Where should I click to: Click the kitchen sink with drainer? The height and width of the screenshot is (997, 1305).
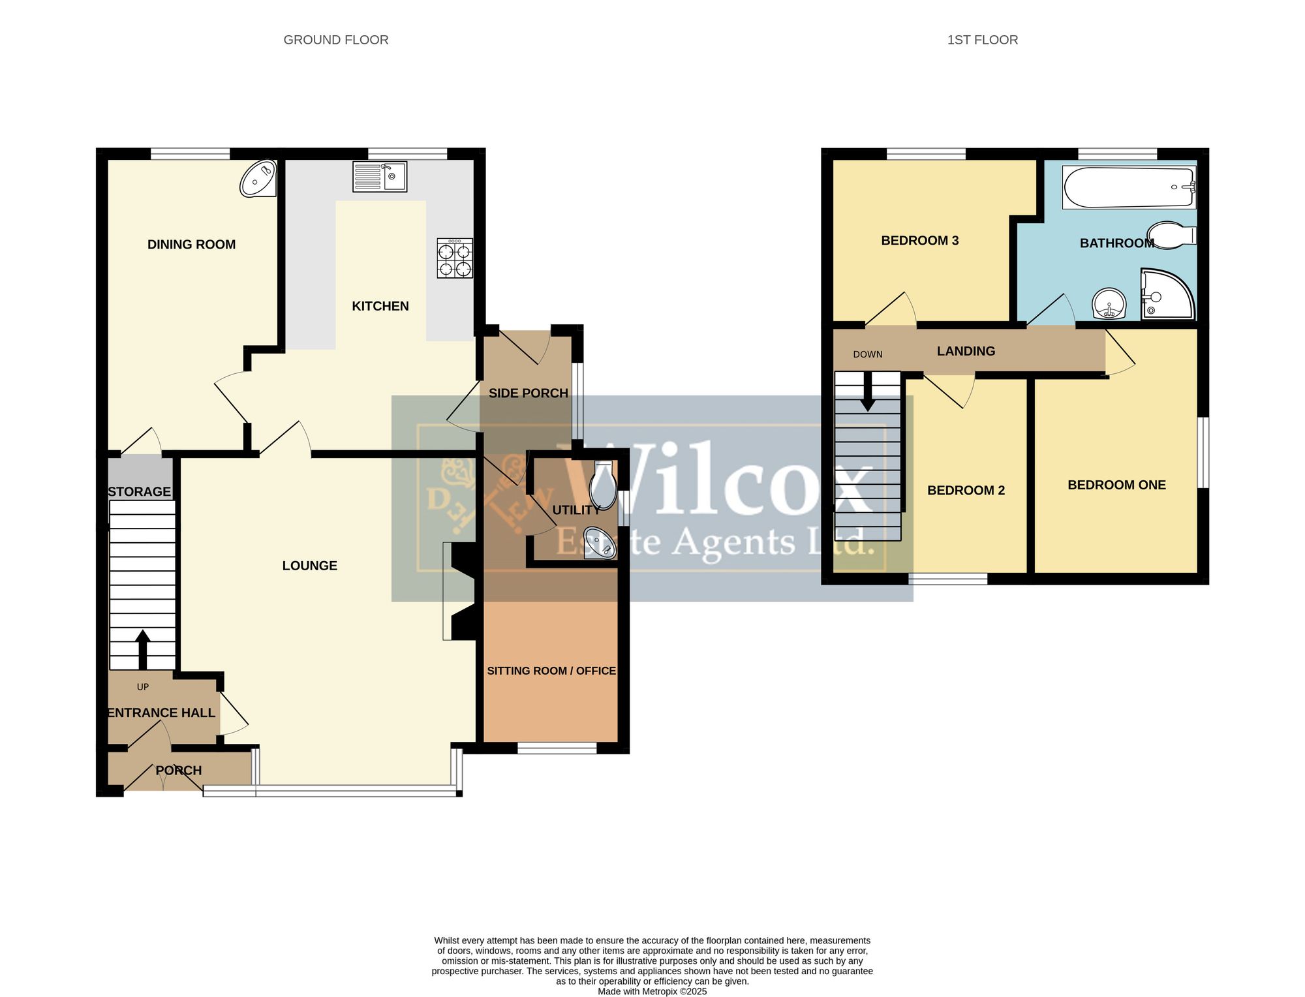click(380, 177)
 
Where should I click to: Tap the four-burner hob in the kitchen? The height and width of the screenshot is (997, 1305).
click(455, 258)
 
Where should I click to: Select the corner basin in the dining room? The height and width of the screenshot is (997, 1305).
click(258, 178)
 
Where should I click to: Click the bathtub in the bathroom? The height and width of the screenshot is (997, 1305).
click(1129, 187)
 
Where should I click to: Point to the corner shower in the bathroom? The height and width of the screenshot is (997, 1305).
click(1167, 294)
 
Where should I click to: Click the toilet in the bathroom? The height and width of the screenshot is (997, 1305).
click(1172, 236)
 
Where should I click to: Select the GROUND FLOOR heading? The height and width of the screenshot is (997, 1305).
click(336, 40)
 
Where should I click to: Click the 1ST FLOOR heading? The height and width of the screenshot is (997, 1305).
click(983, 40)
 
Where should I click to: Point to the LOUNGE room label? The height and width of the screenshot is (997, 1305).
click(310, 566)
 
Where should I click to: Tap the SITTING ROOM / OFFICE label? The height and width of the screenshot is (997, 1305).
click(551, 671)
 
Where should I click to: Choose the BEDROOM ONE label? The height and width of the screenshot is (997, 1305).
click(1116, 485)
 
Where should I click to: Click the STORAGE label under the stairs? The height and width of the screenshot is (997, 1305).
click(139, 492)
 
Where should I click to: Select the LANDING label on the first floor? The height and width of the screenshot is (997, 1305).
click(966, 351)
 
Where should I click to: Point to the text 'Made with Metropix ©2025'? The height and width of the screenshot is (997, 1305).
click(652, 991)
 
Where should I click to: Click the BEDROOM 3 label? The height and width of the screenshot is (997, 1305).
click(920, 241)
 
